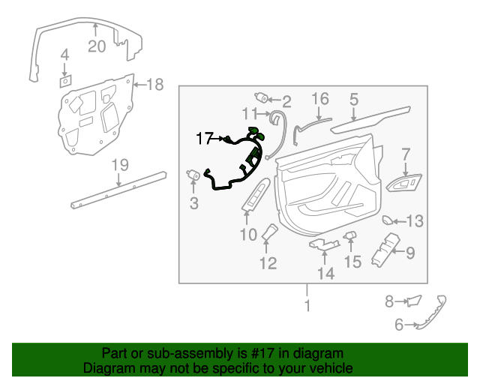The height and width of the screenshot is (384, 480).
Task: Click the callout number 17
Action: click(205, 138)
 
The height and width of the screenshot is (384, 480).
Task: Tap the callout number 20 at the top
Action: click(97, 46)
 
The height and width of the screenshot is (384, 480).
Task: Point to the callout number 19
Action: click(120, 164)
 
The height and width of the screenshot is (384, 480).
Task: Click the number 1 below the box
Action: click(306, 306)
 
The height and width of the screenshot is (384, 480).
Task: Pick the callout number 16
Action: click(320, 99)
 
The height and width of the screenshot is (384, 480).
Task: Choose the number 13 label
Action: click(415, 220)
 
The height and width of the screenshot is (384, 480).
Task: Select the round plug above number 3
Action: click(191, 175)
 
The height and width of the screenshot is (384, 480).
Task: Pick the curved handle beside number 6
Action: click(433, 313)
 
